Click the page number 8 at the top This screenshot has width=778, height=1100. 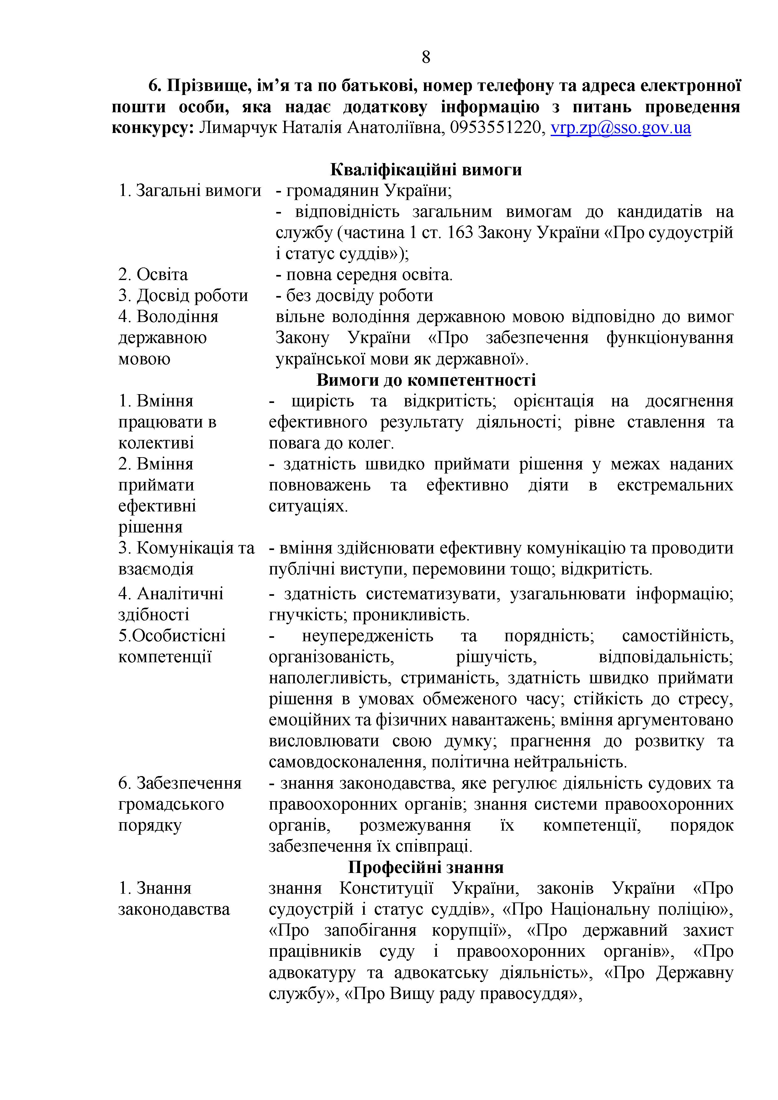coord(426,57)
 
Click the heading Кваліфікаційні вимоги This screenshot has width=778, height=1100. coord(426,170)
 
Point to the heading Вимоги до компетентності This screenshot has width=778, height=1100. coord(426,380)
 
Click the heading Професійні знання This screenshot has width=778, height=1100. coord(426,868)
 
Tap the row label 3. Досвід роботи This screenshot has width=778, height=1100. coord(183,296)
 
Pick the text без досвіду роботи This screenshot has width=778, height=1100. coord(359,296)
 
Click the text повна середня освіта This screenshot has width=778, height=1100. coord(369,274)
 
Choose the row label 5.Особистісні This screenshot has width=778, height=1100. coord(172,636)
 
